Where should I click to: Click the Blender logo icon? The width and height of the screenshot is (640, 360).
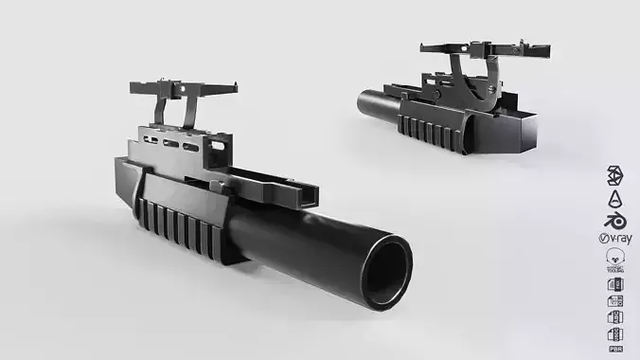pos(614,217)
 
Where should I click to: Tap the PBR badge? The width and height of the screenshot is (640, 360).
pos(614,334)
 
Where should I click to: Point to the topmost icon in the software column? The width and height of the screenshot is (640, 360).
pos(614,176)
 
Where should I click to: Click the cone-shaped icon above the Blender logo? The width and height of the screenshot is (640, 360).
pos(614,197)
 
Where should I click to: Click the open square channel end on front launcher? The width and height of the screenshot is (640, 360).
pos(308,196)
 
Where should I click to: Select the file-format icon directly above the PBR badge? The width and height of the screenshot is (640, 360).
pos(614,317)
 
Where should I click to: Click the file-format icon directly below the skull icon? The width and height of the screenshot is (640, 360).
pos(614,283)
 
